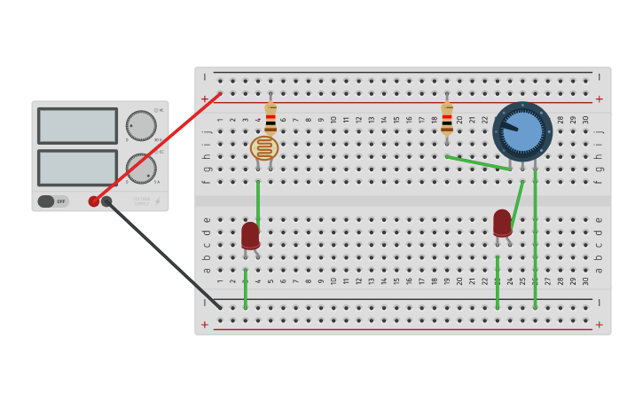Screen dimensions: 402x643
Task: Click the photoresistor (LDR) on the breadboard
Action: [263, 148]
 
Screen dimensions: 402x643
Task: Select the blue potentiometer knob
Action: [522, 130]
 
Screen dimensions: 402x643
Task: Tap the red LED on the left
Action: [250, 235]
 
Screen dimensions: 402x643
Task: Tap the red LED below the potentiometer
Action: [502, 222]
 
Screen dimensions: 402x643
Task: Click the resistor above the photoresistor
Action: [271, 118]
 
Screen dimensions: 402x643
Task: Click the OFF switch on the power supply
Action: [52, 201]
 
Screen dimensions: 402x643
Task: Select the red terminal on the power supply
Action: [94, 201]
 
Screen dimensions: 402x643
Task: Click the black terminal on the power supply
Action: [106, 201]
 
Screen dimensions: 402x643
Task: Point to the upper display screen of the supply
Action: [77, 126]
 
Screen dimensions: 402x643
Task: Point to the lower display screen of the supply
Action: [77, 167]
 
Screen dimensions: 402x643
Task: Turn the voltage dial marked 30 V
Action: [140, 125]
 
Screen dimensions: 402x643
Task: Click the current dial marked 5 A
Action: [140, 168]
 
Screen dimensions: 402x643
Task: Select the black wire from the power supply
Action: [164, 256]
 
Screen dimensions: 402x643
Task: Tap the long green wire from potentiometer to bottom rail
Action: [535, 240]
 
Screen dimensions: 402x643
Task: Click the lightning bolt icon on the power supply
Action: [158, 201]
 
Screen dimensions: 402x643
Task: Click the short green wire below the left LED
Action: [246, 289]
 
